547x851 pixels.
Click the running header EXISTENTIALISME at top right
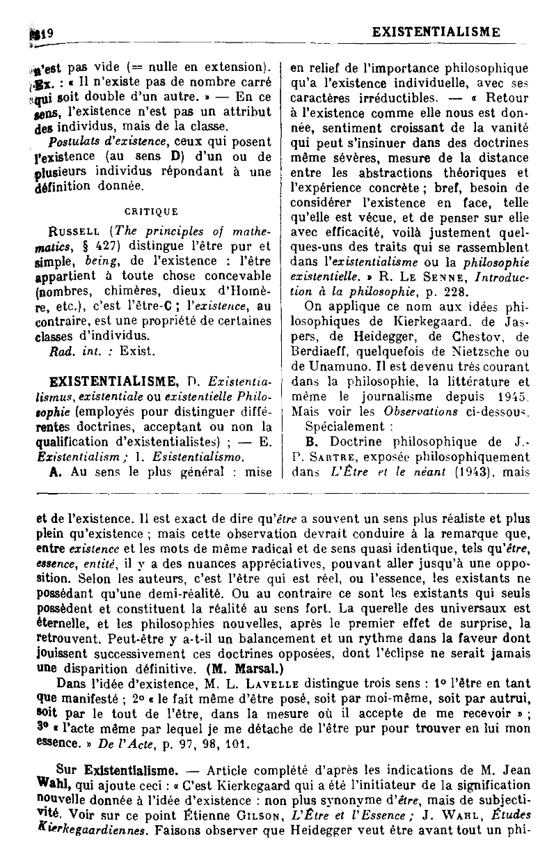click(x=436, y=31)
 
